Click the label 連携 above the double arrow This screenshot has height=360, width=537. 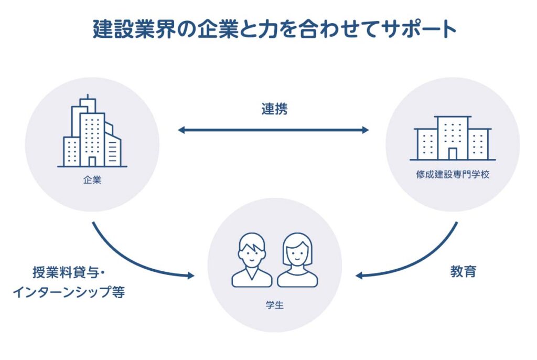coord(274,109)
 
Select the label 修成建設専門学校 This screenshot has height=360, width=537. coord(453,175)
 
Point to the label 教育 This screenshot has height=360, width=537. coord(463,272)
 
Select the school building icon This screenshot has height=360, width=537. coord(452,138)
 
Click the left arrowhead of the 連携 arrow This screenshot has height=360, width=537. coord(181,130)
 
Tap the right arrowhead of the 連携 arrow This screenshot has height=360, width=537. coord(366,130)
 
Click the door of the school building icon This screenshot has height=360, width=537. coord(452,153)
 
